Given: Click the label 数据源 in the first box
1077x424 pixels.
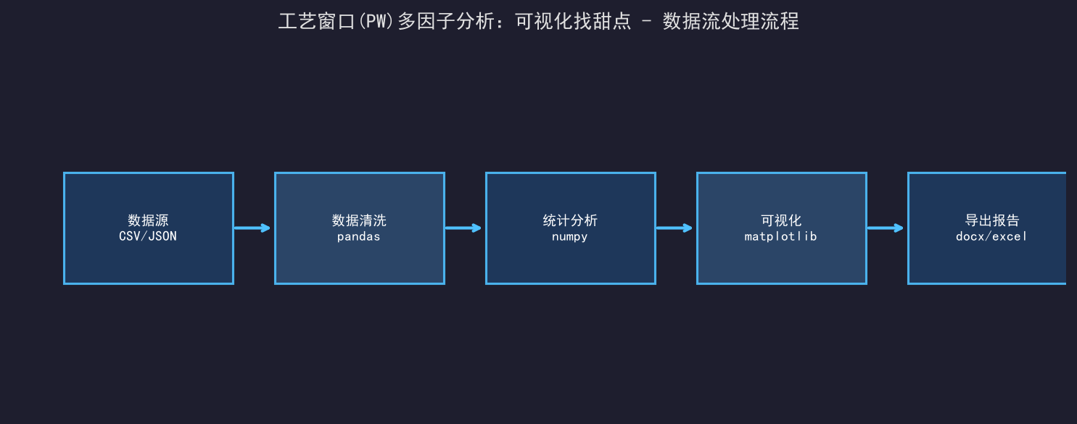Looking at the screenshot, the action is (x=148, y=220).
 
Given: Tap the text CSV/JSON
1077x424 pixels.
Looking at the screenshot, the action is (x=148, y=236).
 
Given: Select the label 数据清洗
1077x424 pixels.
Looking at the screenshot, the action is (x=359, y=220).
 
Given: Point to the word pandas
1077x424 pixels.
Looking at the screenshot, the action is (x=359, y=236).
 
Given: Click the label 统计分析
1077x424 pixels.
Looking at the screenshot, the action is (x=570, y=220).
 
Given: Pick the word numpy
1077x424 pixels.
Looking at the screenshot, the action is (x=570, y=237).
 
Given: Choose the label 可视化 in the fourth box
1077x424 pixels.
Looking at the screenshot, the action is (x=781, y=220).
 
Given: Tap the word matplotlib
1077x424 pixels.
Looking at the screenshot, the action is (x=781, y=236).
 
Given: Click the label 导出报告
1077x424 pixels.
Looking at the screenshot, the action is (x=992, y=220).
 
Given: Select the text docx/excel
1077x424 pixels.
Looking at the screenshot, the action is (x=991, y=236).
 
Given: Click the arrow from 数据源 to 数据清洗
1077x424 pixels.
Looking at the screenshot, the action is (x=252, y=228).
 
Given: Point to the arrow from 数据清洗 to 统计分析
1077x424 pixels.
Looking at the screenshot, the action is (x=463, y=228).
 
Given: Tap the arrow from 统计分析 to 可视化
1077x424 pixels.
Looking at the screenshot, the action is (x=674, y=228).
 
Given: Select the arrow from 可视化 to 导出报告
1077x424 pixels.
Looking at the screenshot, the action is (x=885, y=228).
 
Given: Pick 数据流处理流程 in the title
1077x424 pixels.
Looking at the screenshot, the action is (x=731, y=22).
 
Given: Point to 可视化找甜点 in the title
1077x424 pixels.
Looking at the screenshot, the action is (x=573, y=22).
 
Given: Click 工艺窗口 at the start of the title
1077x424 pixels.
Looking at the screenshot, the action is (x=316, y=22).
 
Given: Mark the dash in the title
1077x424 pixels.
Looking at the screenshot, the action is (x=647, y=22).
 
